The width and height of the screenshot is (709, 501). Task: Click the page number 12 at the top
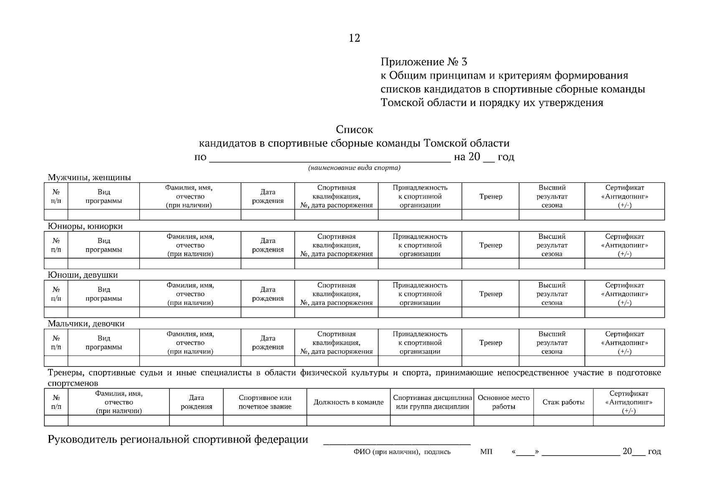[354, 38]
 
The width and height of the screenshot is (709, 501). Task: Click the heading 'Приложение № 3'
[423, 62]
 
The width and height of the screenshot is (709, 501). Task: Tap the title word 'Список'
[354, 130]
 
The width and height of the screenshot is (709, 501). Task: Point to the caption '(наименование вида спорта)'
[354, 168]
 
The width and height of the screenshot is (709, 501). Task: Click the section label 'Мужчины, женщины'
[89, 177]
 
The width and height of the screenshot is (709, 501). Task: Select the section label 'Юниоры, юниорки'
[85, 226]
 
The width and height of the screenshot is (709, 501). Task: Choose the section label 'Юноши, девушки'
[83, 275]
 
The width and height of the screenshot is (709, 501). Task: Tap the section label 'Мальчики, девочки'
[86, 324]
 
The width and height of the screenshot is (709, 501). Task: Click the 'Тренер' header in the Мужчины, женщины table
[491, 196]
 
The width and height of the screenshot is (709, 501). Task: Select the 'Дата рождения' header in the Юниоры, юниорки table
[268, 245]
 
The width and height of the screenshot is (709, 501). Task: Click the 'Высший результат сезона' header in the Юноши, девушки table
[552, 294]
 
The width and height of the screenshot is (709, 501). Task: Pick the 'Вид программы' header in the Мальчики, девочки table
[104, 343]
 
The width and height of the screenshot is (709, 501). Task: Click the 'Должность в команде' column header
[348, 402]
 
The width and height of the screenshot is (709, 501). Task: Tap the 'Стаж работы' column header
[563, 402]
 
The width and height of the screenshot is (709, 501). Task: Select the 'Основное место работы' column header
[503, 402]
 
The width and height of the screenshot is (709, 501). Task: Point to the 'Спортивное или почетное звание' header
[265, 402]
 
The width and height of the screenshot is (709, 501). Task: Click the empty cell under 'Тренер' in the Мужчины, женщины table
[491, 215]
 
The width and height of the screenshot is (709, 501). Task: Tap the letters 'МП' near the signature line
[486, 452]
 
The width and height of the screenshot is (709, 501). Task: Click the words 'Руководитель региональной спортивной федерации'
[178, 440]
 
